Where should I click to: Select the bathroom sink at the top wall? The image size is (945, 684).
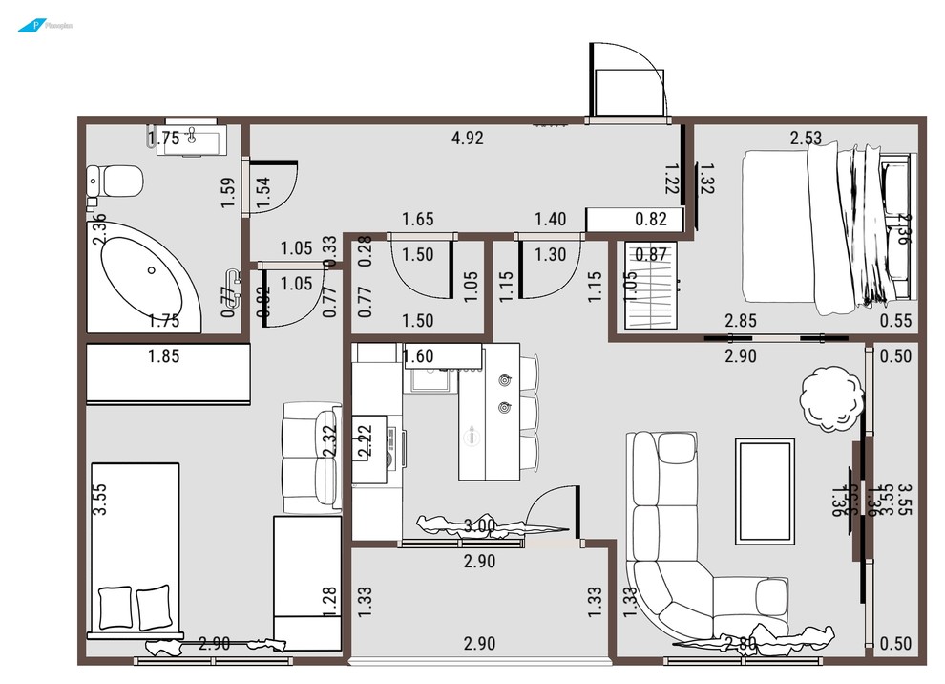[196, 138]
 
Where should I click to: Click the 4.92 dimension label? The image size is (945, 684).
[467, 138]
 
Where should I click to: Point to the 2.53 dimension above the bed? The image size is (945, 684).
[806, 138]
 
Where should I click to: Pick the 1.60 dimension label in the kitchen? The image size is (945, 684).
[418, 357]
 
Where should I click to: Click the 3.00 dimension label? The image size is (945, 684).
[480, 525]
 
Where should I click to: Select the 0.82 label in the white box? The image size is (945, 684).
[651, 219]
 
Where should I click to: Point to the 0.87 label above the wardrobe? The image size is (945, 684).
[651, 254]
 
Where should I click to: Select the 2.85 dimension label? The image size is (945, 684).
[741, 321]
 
